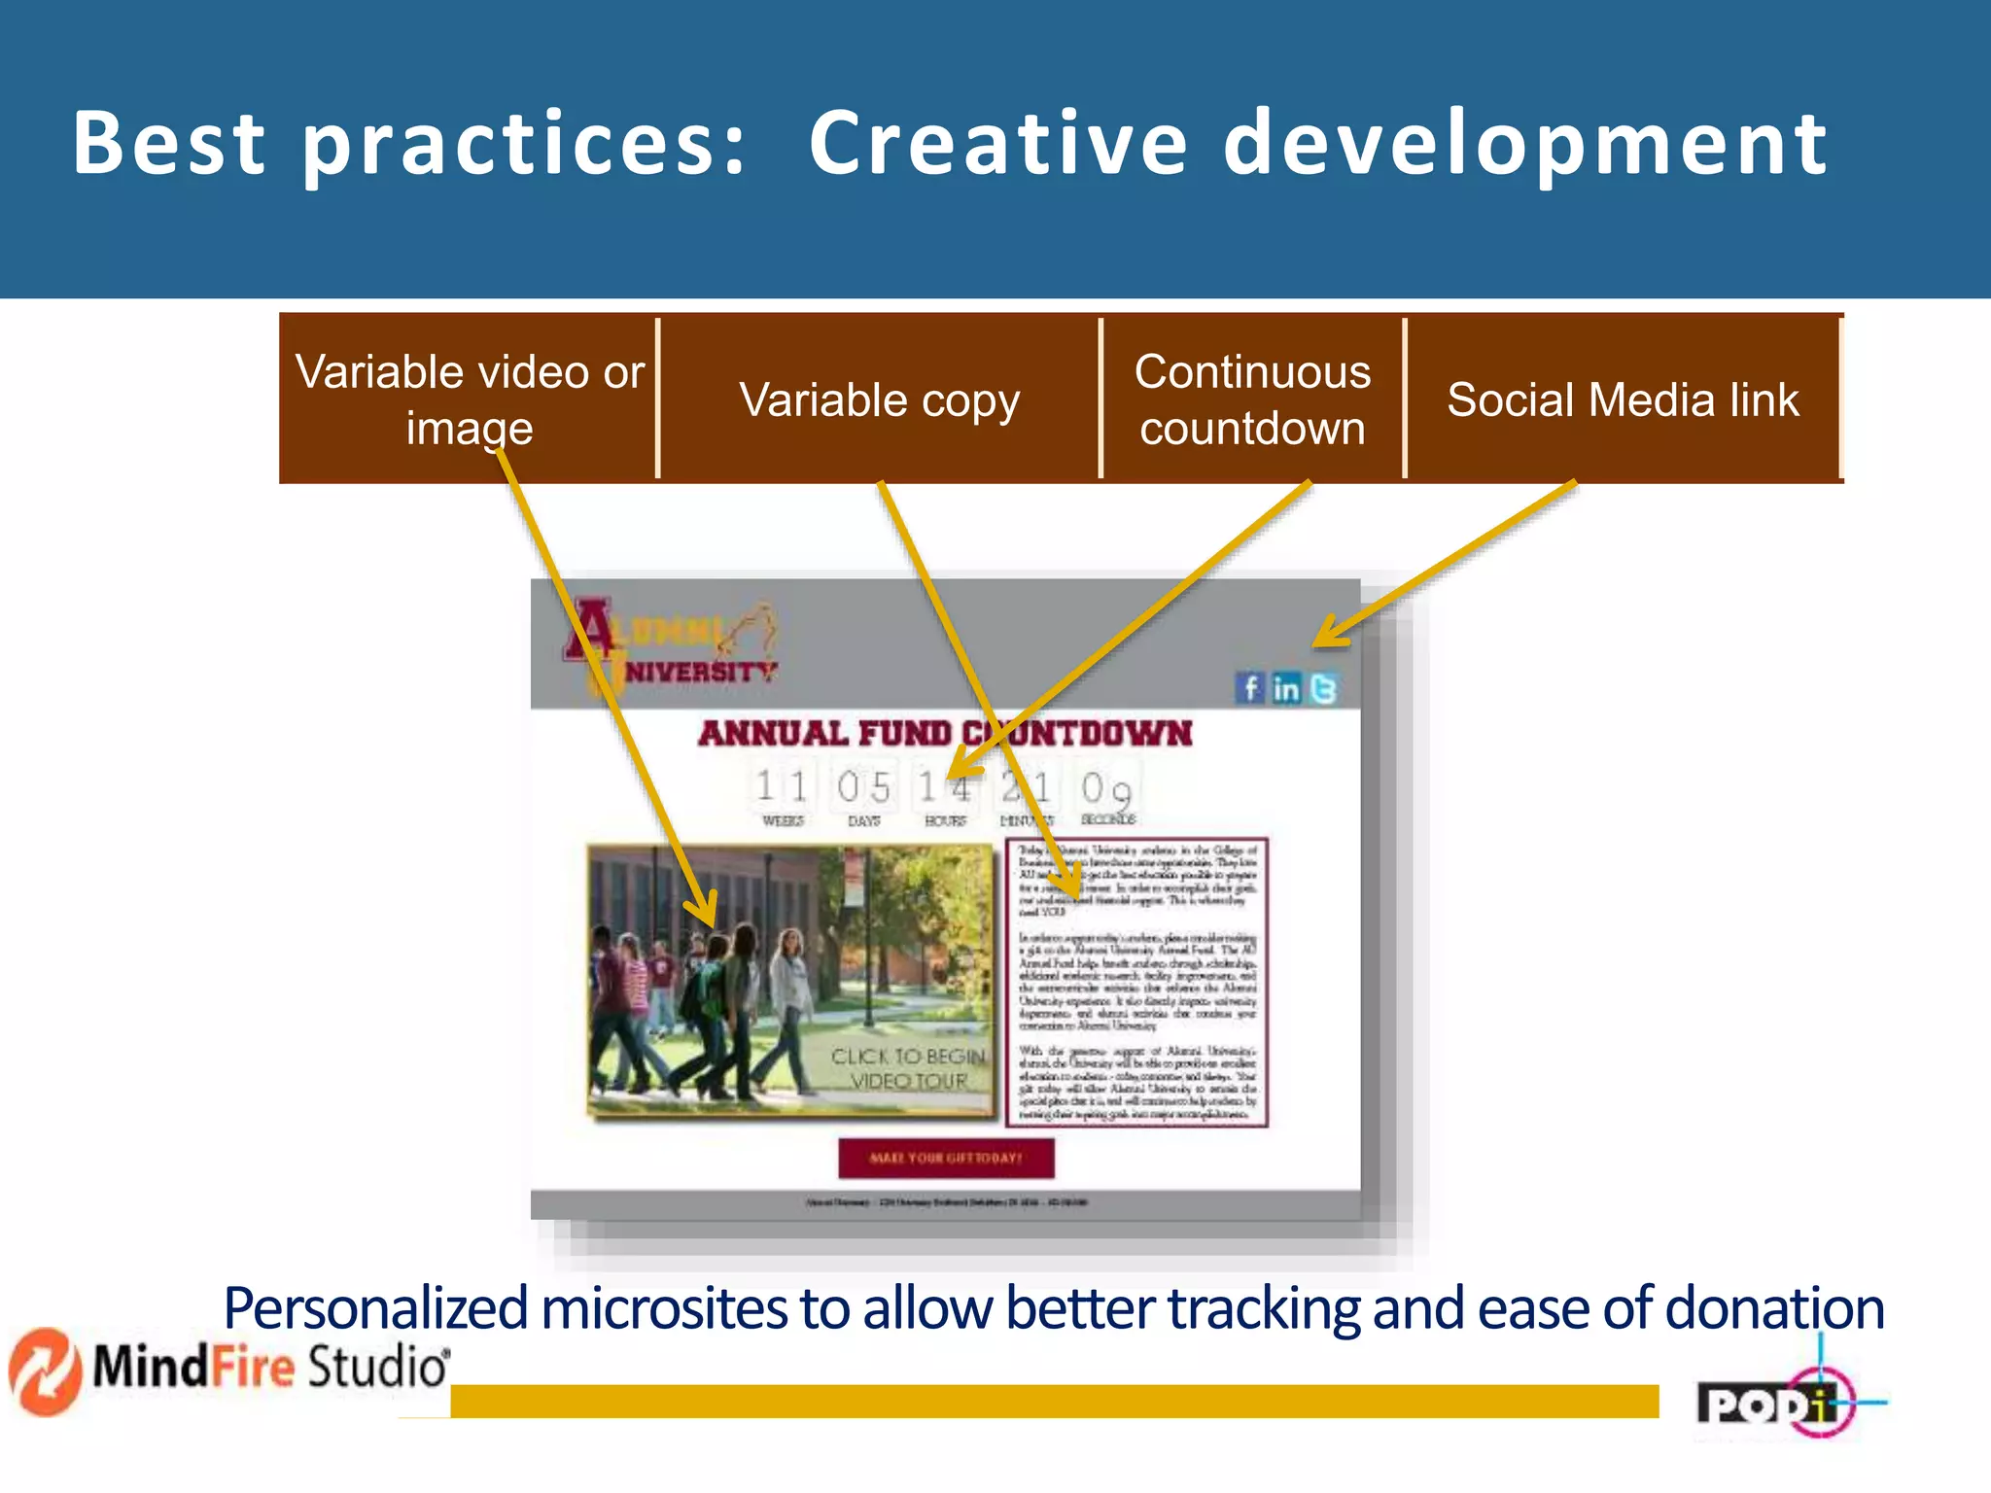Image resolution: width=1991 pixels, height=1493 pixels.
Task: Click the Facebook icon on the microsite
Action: click(1250, 688)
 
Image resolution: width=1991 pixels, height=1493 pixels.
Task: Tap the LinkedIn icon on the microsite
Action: click(1286, 688)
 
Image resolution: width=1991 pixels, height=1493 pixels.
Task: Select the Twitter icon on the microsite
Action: click(1323, 688)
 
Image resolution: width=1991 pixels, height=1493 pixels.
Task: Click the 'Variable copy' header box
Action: click(879, 399)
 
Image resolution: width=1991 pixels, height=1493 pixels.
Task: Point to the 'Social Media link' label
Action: click(1623, 399)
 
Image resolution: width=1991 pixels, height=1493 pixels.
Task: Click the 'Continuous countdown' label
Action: click(1252, 399)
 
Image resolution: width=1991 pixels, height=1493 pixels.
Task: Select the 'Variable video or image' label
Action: click(470, 399)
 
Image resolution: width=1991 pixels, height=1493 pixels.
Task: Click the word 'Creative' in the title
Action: click(997, 144)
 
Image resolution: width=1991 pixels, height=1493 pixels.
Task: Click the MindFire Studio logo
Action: click(230, 1369)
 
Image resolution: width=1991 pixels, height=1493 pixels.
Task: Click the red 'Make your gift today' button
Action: click(946, 1158)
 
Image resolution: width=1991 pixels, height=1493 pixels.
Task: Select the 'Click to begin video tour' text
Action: click(908, 1068)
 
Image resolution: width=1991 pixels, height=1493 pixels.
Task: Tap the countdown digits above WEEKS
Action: click(783, 786)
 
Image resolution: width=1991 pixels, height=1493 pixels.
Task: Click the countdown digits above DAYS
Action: click(863, 786)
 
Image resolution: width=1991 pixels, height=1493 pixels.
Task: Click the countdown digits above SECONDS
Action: click(1106, 788)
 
